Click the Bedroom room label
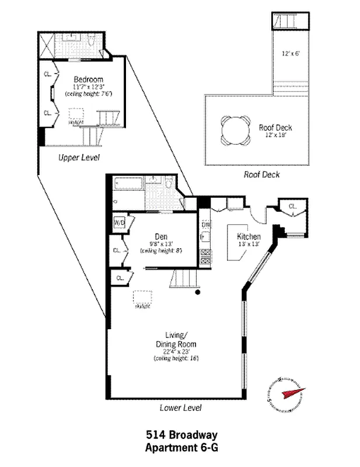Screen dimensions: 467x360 coord(88,79)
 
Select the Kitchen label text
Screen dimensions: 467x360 coord(248,236)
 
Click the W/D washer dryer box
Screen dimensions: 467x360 coord(120,223)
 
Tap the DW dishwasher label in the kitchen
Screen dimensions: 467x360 coord(205,224)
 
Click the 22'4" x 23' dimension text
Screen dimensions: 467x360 coord(176,351)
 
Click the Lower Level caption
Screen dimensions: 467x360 coord(180,407)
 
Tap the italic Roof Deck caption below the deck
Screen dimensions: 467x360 coord(262,175)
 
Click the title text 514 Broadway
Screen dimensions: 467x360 coord(181,435)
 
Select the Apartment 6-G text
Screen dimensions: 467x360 coord(181,447)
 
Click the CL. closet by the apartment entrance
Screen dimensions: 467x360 coord(292,207)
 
